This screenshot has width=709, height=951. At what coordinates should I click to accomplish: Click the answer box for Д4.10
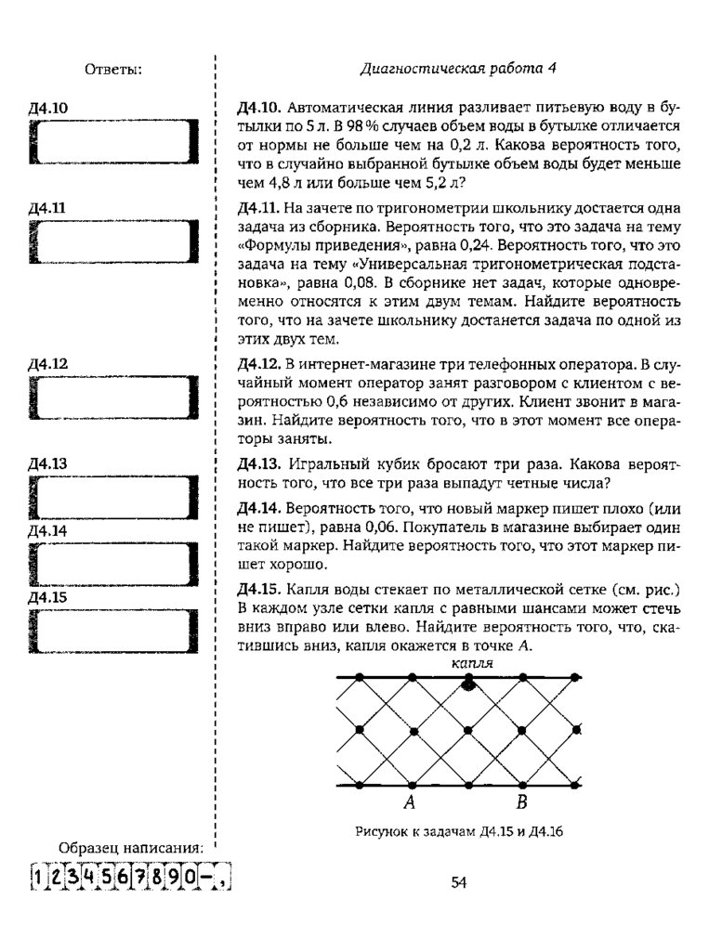(x=113, y=144)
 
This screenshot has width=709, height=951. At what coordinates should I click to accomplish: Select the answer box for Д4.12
(x=113, y=400)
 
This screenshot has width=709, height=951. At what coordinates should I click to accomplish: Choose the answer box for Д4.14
(x=113, y=563)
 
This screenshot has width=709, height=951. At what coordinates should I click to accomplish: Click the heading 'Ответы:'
(x=113, y=68)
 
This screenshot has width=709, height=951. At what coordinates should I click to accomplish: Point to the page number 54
(x=458, y=882)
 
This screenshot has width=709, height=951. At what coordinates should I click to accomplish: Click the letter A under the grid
(x=408, y=802)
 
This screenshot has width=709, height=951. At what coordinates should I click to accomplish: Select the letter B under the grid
(x=521, y=802)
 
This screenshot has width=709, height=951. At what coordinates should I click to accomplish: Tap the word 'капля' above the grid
(x=471, y=664)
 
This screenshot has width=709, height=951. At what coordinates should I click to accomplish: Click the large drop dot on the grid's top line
(x=468, y=683)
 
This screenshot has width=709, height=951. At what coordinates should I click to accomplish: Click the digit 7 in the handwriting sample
(x=139, y=877)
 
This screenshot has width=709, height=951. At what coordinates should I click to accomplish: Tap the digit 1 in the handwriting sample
(x=37, y=877)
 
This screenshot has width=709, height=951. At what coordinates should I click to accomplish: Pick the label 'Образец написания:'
(x=130, y=848)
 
